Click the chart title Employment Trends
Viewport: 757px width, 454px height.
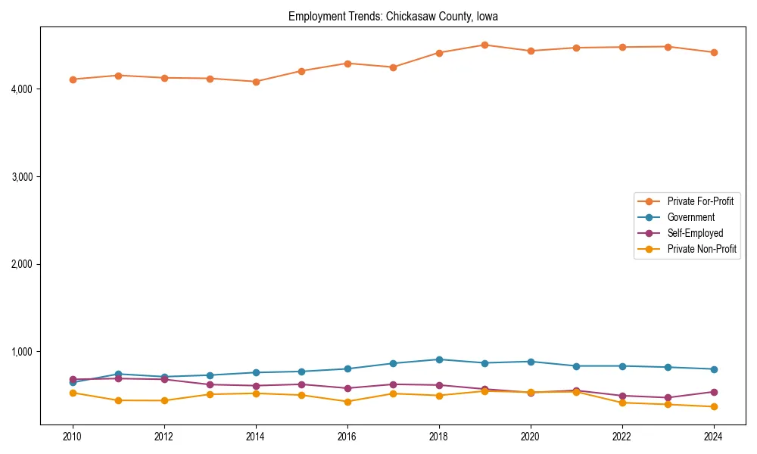[x=393, y=16]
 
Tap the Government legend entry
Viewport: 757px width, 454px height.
[x=690, y=217]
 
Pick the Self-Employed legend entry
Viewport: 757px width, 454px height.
[x=695, y=233]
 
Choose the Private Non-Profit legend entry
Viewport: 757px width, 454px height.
[x=702, y=249]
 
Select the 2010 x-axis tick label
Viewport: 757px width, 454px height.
[x=73, y=437]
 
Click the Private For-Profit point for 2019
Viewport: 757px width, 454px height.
[x=484, y=45]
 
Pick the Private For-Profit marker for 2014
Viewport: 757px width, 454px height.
[x=256, y=82]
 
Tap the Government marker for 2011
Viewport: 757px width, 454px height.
[x=118, y=374]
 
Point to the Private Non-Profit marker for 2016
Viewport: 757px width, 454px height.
[x=347, y=402]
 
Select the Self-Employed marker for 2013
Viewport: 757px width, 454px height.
[x=210, y=384]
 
